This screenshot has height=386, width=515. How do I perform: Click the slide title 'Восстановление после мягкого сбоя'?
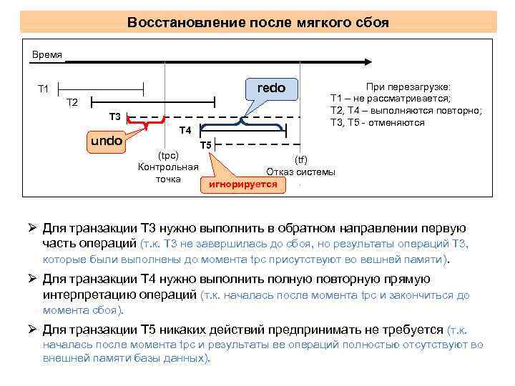coord(258,22)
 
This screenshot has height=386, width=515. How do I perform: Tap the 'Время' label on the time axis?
coord(47,55)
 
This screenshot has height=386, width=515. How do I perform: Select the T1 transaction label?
coord(44,89)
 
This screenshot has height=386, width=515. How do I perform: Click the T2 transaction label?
coord(72,103)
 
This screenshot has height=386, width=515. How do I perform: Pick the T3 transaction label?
coord(114,117)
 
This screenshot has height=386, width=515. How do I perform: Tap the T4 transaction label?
coord(185,130)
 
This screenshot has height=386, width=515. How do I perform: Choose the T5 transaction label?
coord(205,145)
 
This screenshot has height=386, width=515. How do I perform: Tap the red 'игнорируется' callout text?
coord(242,184)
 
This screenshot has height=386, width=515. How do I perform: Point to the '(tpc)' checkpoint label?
coord(167,155)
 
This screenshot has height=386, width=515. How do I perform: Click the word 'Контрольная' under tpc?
coord(168,167)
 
